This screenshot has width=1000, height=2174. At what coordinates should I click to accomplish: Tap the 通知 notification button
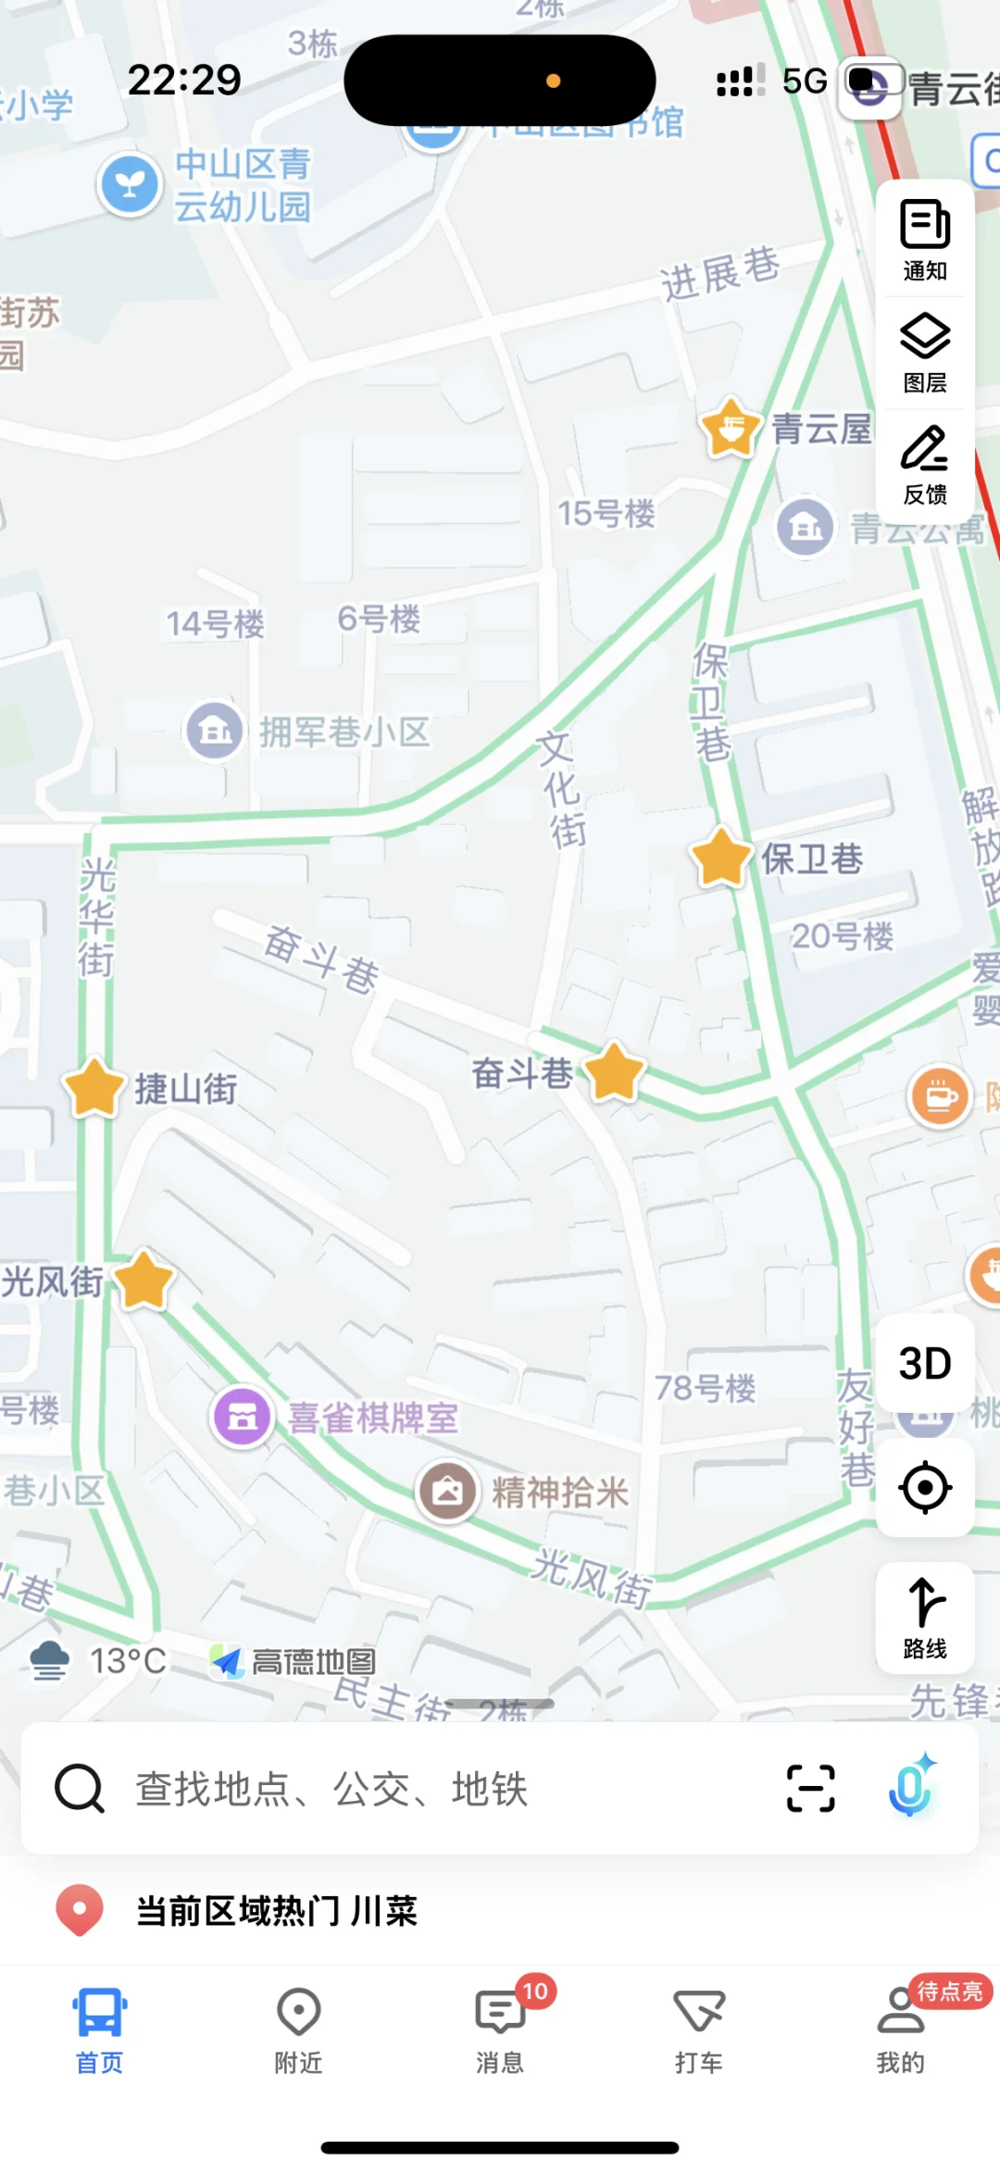[x=925, y=239]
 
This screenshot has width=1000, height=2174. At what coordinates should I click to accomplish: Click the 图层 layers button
[x=925, y=352]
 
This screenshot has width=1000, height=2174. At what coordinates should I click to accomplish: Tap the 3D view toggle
[x=925, y=1364]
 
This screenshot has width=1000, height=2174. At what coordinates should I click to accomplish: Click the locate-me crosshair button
[x=925, y=1488]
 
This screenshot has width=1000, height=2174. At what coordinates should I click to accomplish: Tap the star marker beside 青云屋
[x=731, y=428]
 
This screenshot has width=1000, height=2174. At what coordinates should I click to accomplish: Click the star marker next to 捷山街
[x=94, y=1087]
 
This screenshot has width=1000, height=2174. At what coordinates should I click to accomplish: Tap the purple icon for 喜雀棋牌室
[x=243, y=1417]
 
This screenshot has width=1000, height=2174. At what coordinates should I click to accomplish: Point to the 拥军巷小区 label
[x=344, y=731]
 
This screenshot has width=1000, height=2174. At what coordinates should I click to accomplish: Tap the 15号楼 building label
[x=606, y=513]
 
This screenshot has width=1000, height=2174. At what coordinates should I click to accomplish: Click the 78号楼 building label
[x=706, y=1388]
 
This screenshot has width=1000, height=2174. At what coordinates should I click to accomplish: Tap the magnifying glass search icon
[x=80, y=1788]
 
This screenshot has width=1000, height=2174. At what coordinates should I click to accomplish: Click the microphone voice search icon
[x=911, y=1786]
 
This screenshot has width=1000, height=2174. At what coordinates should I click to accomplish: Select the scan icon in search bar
[x=811, y=1788]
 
